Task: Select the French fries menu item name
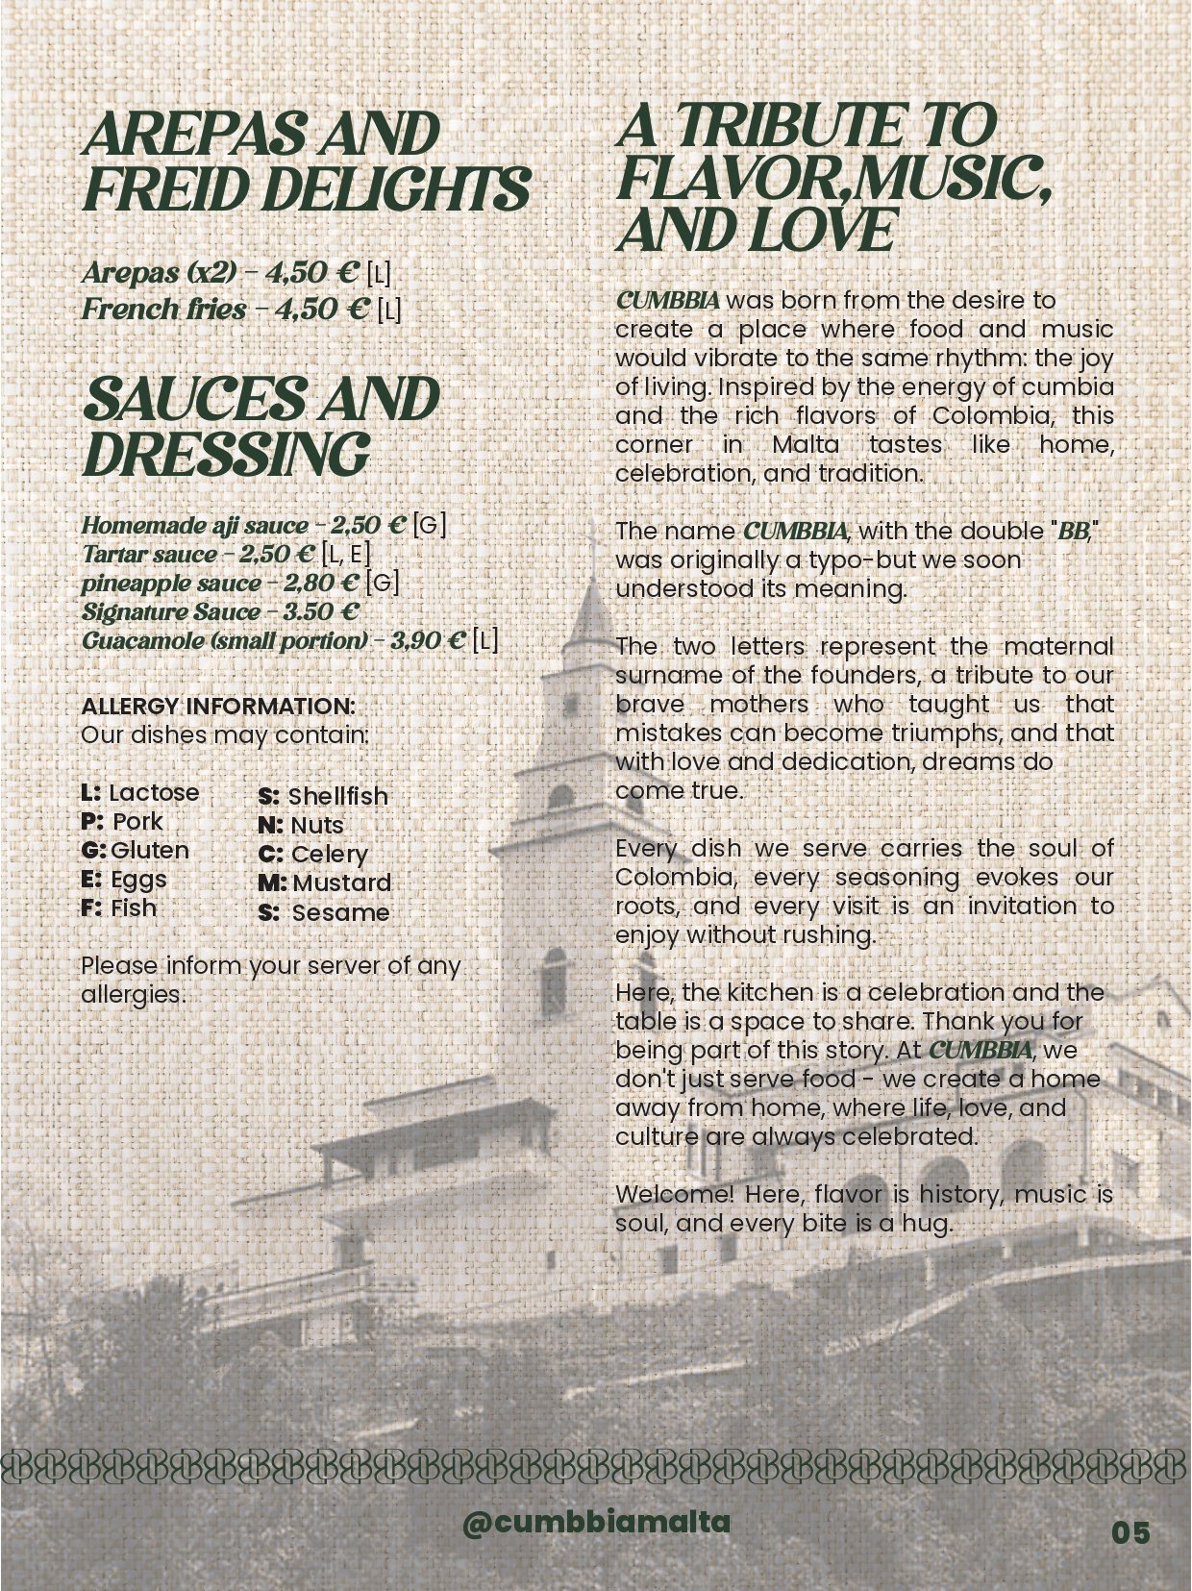point(163,310)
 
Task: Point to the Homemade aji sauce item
point(195,526)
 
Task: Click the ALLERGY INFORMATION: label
point(218,706)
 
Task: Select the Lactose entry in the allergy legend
point(140,792)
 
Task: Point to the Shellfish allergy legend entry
point(323,796)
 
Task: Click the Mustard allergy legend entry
point(325,883)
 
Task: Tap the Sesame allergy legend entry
point(324,912)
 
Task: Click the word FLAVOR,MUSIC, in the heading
point(832,178)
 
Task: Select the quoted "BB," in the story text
point(1078,531)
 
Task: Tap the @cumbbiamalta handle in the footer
point(596,1523)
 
